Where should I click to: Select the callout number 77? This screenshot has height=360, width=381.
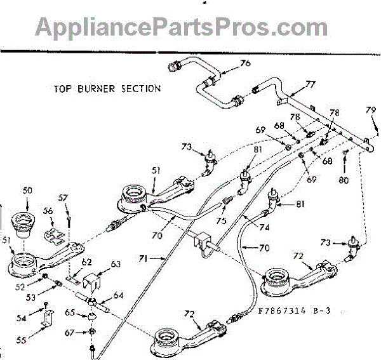[x=310, y=84]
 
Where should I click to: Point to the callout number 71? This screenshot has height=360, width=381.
[x=146, y=259]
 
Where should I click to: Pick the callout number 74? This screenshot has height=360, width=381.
[x=264, y=227]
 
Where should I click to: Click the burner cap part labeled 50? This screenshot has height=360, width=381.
[x=23, y=222]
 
